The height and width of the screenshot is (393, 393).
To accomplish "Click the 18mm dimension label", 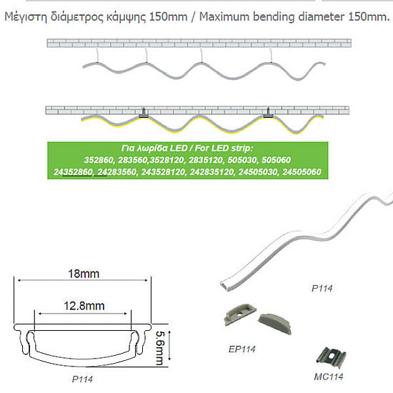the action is coord(84,274).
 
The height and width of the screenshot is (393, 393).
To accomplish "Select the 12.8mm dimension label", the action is coord(84,306).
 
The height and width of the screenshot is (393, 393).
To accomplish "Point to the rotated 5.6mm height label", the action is coord(159,348).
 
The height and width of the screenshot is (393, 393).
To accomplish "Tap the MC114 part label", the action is coord(329,377).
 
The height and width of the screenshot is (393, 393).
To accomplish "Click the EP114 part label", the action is coord(242,349).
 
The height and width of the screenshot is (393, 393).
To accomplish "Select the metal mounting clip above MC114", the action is coord(331,358).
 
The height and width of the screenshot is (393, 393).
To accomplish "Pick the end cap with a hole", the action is coord(240,314).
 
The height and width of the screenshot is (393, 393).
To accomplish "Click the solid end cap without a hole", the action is coord(275,324).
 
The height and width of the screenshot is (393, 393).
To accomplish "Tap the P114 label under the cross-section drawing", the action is coord(82,379).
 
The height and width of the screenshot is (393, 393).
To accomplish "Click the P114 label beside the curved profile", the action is coord(322,288).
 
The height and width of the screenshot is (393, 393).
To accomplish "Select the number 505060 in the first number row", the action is coord(277,160).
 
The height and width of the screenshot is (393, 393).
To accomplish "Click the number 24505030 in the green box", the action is coord(258,172).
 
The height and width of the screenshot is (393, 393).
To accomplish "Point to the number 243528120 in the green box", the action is coord(163,172).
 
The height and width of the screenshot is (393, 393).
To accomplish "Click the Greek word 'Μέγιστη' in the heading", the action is coord(26,17).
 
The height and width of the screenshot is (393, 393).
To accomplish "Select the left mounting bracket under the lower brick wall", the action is coord(144,114).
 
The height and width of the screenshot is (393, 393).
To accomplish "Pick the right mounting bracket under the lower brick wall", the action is coord(268,113).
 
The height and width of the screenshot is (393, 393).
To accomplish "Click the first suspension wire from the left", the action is coord(97,55).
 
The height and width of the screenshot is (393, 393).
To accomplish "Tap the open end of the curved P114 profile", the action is coord(224,285).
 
